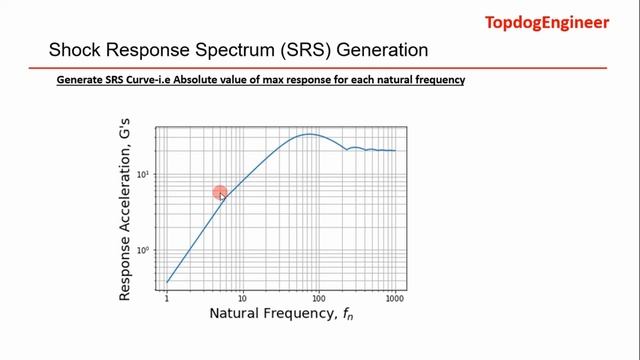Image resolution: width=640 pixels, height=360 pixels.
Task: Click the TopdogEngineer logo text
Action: [x=547, y=22]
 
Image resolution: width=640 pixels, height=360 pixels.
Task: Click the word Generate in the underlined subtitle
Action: [x=80, y=80]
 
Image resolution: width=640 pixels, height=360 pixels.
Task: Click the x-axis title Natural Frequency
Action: [x=281, y=314]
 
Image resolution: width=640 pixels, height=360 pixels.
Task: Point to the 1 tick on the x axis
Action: [x=167, y=298]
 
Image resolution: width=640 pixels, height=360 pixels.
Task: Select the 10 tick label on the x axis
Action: [x=243, y=298]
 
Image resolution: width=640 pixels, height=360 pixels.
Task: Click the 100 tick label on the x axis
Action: [x=319, y=298]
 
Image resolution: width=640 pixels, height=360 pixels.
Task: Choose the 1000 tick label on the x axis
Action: [x=395, y=298]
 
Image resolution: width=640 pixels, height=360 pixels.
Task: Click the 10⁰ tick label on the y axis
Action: [x=144, y=250]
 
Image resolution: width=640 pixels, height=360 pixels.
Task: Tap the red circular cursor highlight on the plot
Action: [x=219, y=193]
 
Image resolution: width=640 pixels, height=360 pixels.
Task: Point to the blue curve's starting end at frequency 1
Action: [x=167, y=282]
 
